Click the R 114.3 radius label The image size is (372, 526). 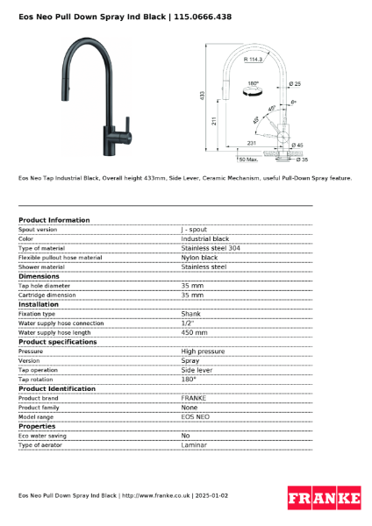pos(255,60)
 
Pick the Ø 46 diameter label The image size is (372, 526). pos(297,146)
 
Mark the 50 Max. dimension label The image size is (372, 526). pos(247,160)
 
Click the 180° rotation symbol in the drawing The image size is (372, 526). pos(253,87)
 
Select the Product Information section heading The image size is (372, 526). pos(54,220)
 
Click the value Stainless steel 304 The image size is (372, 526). pos(210,248)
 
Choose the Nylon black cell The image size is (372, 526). pos(199,258)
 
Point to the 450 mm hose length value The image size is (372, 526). pos(194,332)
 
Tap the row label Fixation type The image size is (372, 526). pos(37,314)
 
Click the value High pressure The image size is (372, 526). pos(203,351)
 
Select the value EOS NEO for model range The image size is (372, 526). pos(196,416)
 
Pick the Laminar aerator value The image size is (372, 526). pos(194,445)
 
